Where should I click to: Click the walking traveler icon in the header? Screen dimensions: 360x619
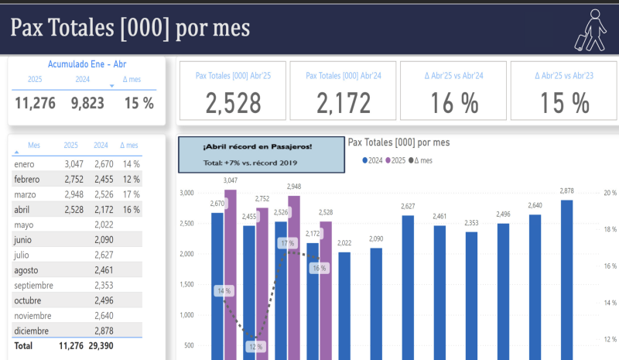pyautogui.click(x=590, y=29)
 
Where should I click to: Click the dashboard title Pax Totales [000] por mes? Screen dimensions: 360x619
pyautogui.click(x=130, y=28)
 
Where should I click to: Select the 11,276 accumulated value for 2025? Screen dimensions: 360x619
pyautogui.click(x=35, y=102)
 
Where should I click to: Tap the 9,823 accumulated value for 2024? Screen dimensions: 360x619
pyautogui.click(x=87, y=102)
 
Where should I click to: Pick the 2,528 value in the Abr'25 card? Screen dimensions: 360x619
pyautogui.click(x=233, y=103)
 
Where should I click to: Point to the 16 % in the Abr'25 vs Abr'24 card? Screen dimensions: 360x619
pyautogui.click(x=453, y=103)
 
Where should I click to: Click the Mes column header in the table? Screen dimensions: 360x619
pyautogui.click(x=34, y=145)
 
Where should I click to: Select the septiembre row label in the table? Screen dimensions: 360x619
pyautogui.click(x=33, y=285)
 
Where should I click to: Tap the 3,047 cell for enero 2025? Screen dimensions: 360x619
pyautogui.click(x=71, y=164)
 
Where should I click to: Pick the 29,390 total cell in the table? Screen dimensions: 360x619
pyautogui.click(x=101, y=346)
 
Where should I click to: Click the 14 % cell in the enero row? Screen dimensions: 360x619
pyautogui.click(x=131, y=164)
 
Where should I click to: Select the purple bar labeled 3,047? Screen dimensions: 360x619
pyautogui.click(x=231, y=275)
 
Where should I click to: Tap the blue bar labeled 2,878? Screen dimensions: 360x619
pyautogui.click(x=567, y=279)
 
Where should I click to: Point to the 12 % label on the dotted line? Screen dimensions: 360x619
pyautogui.click(x=256, y=347)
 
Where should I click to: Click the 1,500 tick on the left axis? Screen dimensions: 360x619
pyautogui.click(x=187, y=284)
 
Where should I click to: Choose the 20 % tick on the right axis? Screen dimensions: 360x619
pyautogui.click(x=610, y=193)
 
